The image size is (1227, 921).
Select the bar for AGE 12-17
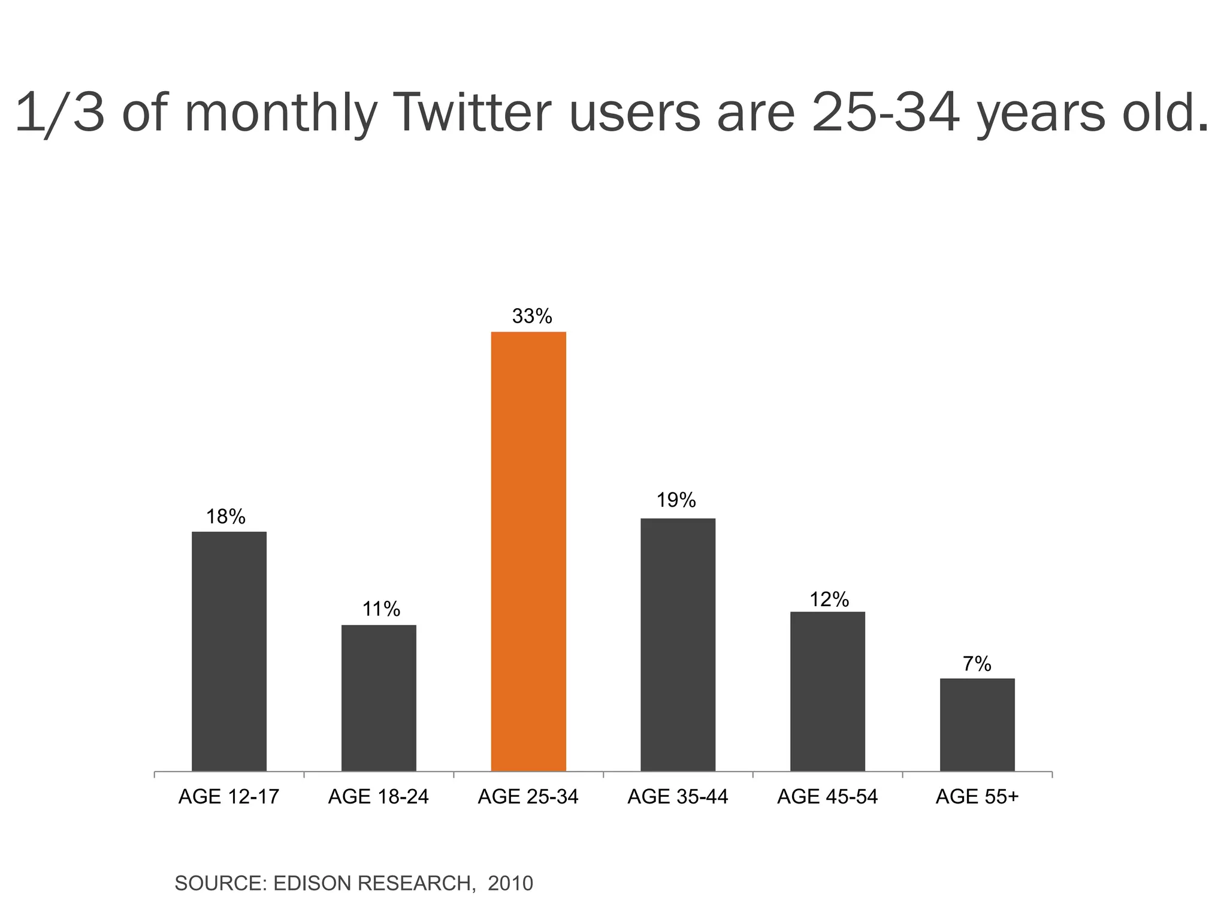click(229, 651)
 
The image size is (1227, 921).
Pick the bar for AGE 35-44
click(678, 644)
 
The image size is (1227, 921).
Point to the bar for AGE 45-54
click(827, 691)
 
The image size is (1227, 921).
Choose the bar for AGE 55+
click(977, 724)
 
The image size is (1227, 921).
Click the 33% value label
click(532, 316)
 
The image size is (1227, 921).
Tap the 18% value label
click(226, 516)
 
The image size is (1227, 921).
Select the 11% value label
click(381, 609)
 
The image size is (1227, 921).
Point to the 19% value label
click(676, 499)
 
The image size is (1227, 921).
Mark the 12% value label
click(829, 599)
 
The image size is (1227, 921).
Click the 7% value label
click(977, 664)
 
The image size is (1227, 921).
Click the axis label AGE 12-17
click(229, 797)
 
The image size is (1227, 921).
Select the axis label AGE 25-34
click(528, 797)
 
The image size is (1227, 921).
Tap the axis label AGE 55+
click(977, 797)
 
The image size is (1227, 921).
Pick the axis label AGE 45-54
click(827, 797)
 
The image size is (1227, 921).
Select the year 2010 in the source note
click(510, 883)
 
